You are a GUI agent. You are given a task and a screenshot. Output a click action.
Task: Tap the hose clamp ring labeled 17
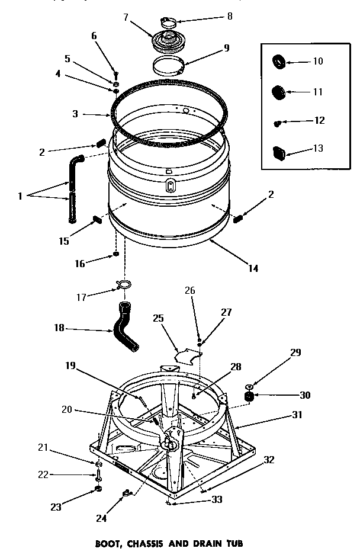pos(124,285)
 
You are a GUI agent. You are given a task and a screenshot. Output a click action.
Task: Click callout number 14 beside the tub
pos(253,268)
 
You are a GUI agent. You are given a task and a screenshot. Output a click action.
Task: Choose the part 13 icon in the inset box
pos(279,152)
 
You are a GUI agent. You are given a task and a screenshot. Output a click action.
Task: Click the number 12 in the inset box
pos(320,120)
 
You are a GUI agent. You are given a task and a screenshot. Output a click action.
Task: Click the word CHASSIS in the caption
pos(169,543)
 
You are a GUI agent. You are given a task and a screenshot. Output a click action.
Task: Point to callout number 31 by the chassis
pos(296,415)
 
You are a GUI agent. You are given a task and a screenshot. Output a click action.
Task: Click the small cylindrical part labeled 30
pos(249,395)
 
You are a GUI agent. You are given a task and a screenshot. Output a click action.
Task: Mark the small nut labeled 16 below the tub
pos(117,255)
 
